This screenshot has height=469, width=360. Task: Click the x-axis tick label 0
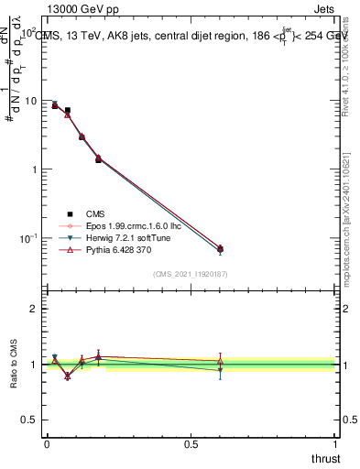tap(47, 444)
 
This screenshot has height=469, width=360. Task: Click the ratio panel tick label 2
tap(34, 310)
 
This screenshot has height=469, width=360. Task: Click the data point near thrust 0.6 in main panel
tap(220, 249)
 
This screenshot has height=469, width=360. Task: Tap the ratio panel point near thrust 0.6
tap(220, 363)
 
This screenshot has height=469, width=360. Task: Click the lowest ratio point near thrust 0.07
tap(68, 376)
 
